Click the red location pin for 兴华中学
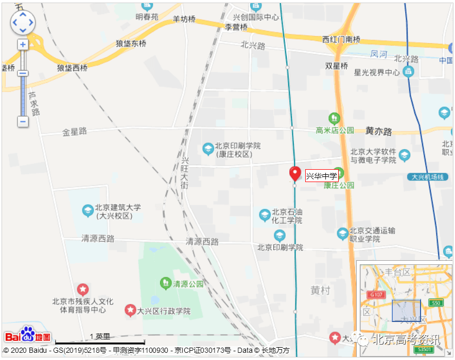[295, 173]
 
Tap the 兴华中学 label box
[322, 176]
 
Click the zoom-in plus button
[23, 45]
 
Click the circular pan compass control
[23, 23]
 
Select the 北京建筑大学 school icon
[88, 210]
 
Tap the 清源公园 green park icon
[165, 282]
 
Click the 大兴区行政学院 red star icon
[130, 311]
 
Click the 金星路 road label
[75, 132]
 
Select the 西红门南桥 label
[341, 40]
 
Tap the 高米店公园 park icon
[335, 119]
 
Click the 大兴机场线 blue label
[427, 177]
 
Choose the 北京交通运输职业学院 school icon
[342, 234]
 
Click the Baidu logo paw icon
[28, 335]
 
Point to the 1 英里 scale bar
[100, 341]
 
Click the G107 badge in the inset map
[376, 295]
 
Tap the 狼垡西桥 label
[73, 68]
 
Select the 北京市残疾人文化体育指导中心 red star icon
[82, 290]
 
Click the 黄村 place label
[320, 290]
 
